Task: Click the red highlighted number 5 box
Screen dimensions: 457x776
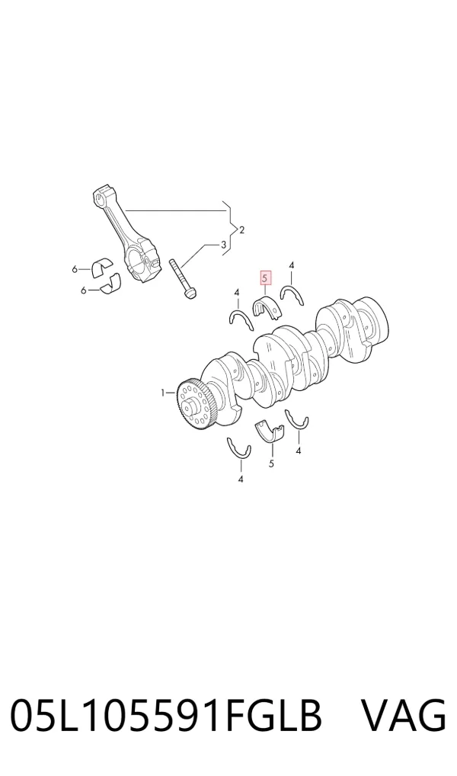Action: (x=266, y=279)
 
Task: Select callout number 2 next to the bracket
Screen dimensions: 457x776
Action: (x=241, y=230)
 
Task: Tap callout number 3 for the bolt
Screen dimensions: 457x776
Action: (x=223, y=244)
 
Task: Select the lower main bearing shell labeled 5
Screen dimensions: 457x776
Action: (x=271, y=431)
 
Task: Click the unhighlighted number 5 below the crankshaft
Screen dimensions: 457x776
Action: (x=271, y=463)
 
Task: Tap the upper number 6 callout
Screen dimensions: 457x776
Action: (x=75, y=269)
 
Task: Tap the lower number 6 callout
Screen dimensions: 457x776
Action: (x=84, y=290)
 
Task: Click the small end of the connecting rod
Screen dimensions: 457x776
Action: (x=102, y=196)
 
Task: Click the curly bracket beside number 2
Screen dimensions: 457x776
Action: (x=228, y=229)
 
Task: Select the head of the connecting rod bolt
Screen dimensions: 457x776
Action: (x=190, y=294)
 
